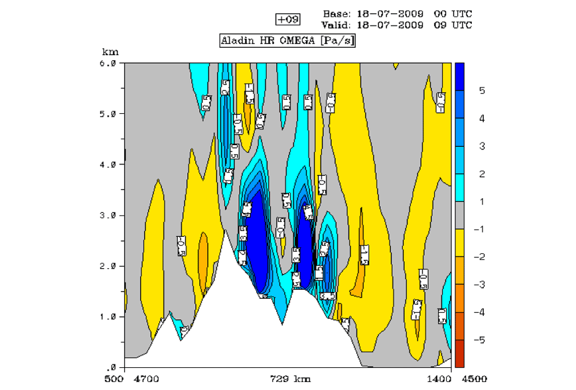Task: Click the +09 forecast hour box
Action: (x=287, y=19)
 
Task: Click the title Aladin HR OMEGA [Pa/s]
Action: (x=287, y=41)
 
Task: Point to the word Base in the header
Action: (x=335, y=14)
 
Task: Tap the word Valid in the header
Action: (x=336, y=25)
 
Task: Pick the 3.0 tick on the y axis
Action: (x=108, y=215)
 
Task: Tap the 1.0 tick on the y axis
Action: (x=108, y=317)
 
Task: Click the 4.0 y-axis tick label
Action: (x=108, y=165)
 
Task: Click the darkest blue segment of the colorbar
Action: (x=459, y=76)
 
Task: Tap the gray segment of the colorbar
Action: (x=459, y=215)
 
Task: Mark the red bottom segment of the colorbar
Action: (x=459, y=354)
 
